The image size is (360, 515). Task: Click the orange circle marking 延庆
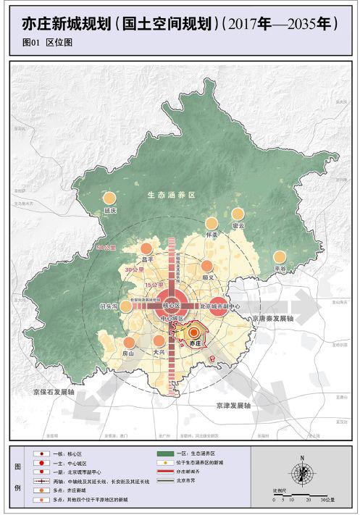pyautogui.click(x=110, y=198)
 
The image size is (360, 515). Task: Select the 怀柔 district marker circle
pyautogui.click(x=212, y=223)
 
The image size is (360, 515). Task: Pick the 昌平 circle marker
pyautogui.click(x=148, y=246)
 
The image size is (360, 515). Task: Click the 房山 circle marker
pyautogui.click(x=129, y=342)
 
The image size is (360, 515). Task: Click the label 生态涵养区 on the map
pyautogui.click(x=166, y=194)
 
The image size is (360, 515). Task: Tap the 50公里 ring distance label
pyautogui.click(x=106, y=248)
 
